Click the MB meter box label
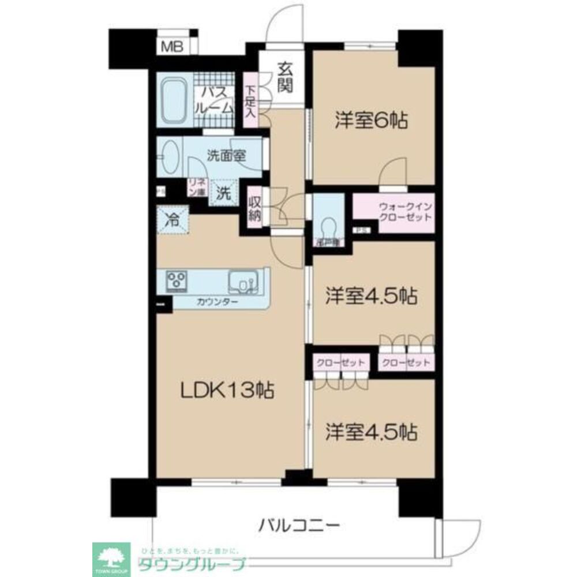pos(171,47)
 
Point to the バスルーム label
pos(216,99)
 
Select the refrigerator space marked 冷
pos(172,220)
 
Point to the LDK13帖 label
pos(227,392)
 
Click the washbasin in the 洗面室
pos(170,157)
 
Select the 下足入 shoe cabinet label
pos(250,100)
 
